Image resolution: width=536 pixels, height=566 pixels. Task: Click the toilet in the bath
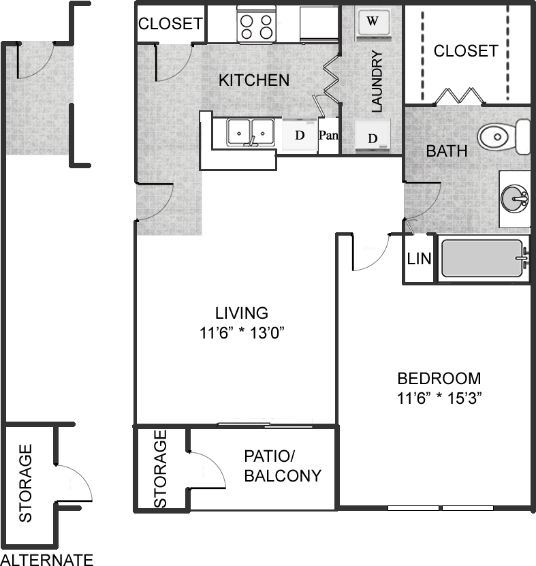point(503,137)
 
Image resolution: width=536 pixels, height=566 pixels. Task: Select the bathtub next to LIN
point(482,259)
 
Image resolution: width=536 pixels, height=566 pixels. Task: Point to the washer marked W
point(372,21)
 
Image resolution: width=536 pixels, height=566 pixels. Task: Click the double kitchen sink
point(251,131)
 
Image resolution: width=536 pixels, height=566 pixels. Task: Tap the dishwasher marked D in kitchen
point(299,135)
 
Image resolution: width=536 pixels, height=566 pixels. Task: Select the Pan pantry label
point(328,135)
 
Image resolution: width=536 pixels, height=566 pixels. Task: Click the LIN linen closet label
point(420,259)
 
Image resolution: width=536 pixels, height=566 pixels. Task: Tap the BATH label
point(447,151)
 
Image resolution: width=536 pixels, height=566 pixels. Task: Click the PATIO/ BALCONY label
point(282,466)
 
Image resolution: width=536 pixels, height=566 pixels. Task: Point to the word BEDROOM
point(439,378)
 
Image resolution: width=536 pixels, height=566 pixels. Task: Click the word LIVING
point(242,313)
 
